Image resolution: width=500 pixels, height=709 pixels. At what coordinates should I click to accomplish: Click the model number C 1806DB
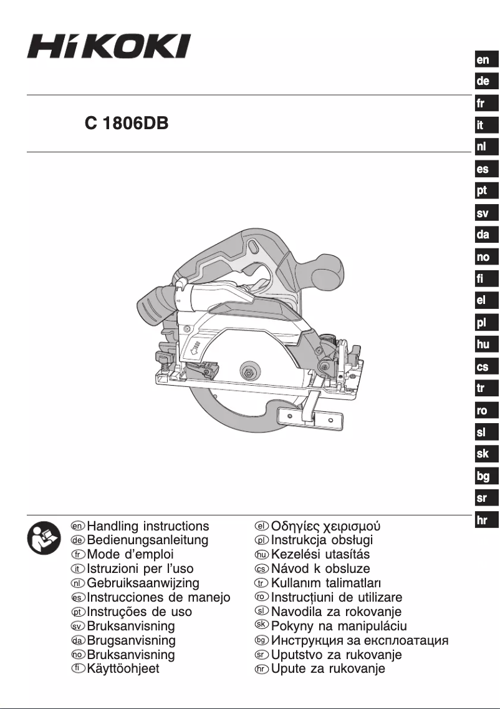tap(127, 123)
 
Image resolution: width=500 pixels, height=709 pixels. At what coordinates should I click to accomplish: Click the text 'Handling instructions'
tap(148, 526)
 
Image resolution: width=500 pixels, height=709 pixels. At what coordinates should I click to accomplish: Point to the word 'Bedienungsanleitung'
tap(148, 540)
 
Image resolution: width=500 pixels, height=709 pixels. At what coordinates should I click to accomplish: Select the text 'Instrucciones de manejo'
tap(158, 598)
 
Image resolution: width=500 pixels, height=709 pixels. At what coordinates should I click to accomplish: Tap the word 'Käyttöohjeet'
tap(123, 669)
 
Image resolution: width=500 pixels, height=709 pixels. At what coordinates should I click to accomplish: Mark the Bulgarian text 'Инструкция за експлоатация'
tap(360, 640)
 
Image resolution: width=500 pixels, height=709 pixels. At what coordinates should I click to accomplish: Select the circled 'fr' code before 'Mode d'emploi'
tap(78, 555)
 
